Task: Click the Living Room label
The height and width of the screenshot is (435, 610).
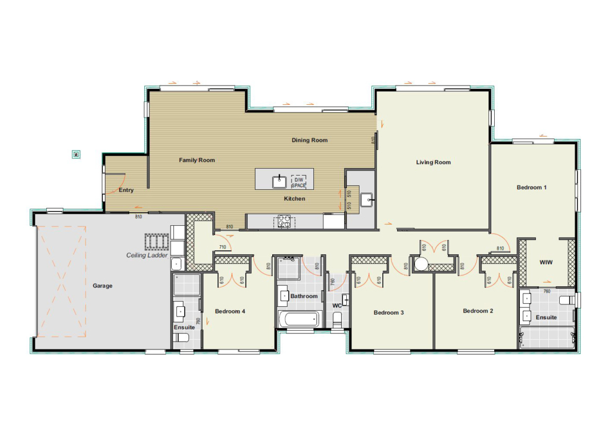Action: tap(433, 162)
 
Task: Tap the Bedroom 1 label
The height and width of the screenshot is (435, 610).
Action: tap(531, 188)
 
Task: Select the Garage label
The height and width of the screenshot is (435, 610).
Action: tap(102, 286)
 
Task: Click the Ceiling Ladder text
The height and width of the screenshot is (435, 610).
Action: tap(147, 255)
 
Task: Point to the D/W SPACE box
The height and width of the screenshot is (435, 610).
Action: tap(299, 182)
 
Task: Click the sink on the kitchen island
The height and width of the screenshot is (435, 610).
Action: tap(279, 181)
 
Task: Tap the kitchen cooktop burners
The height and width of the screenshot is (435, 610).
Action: tap(284, 222)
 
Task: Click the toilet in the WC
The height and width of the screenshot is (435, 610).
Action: tap(337, 319)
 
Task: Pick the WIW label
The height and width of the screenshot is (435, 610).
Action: tap(546, 262)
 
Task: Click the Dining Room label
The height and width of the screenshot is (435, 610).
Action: tap(310, 140)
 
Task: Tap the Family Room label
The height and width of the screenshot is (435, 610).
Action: tap(197, 160)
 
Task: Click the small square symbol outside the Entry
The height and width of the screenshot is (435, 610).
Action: tap(76, 155)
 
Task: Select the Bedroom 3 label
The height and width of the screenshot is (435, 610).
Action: tap(389, 312)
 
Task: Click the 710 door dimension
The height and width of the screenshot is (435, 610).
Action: tap(223, 247)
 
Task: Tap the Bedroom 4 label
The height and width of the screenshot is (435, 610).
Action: tap(230, 311)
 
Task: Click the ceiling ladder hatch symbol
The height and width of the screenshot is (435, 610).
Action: tap(157, 241)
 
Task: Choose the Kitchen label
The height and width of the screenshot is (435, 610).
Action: tap(294, 198)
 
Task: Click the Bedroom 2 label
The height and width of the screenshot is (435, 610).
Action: tap(478, 311)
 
